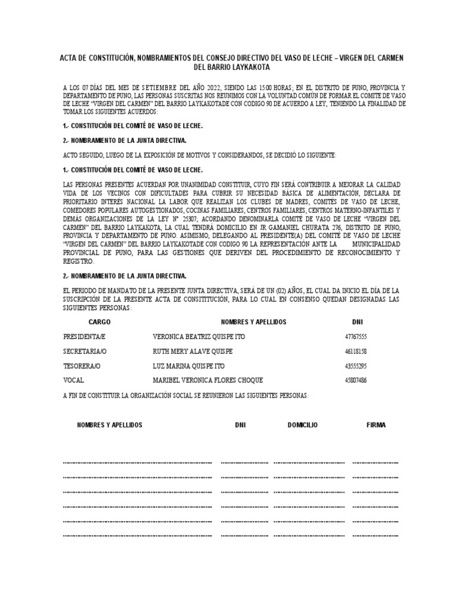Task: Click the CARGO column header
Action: (x=100, y=322)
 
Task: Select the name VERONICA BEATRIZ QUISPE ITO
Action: (x=198, y=337)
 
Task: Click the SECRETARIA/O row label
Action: (x=86, y=351)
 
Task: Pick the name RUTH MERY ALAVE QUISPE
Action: (x=193, y=351)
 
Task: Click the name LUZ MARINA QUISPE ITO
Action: (x=188, y=366)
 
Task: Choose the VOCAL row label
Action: (x=73, y=380)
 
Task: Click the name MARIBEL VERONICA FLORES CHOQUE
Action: (x=207, y=380)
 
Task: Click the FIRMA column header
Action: (x=376, y=425)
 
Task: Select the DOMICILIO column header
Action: (x=303, y=425)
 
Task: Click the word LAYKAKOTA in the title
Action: (x=249, y=68)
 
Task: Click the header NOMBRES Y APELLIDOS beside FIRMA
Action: (x=110, y=425)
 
